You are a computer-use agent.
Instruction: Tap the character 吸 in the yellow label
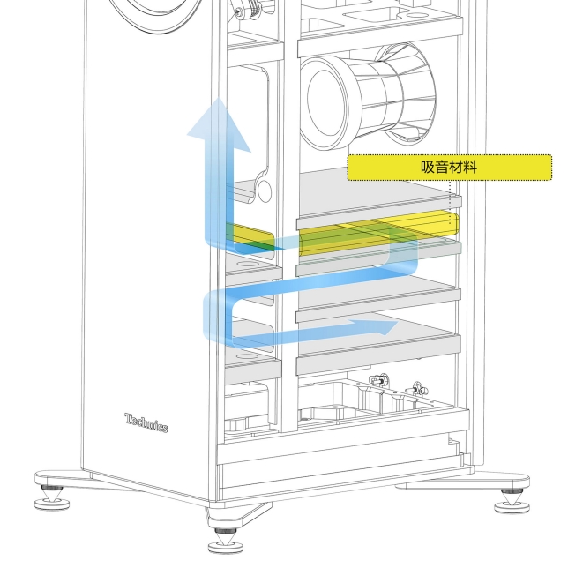428,167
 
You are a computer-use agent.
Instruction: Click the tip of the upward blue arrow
212,104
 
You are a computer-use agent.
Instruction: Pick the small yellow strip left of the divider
252,235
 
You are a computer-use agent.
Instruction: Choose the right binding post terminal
414,388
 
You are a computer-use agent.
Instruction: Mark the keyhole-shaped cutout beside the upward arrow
262,187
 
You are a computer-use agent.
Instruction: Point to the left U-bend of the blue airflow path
215,314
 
